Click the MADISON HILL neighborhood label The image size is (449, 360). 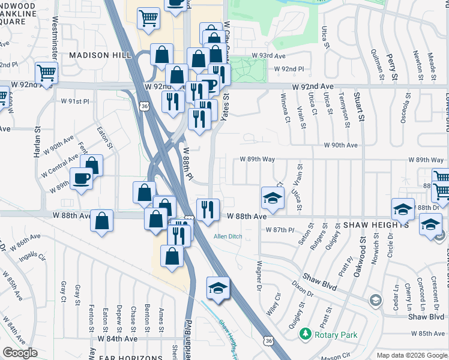point(100,55)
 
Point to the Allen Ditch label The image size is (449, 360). point(228,236)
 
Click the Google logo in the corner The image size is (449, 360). point(20,353)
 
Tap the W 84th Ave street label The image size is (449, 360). point(119,338)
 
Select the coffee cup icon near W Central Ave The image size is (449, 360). point(82,178)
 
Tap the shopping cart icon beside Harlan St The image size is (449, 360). point(46,73)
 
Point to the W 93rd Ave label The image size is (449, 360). point(268,55)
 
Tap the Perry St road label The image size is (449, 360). point(392,66)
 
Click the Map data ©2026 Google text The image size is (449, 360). point(411,355)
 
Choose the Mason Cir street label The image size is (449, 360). point(339,355)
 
